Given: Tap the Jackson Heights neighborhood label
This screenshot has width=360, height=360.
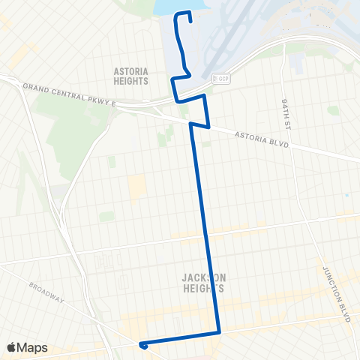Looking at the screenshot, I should pos(203,282).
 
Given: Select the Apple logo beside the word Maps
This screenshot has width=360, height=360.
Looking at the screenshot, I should pos(13,347).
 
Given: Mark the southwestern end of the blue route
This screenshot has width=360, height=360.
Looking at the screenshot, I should pos(141,346).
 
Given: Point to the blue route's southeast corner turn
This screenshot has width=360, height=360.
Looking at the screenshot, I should pos(218,331).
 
